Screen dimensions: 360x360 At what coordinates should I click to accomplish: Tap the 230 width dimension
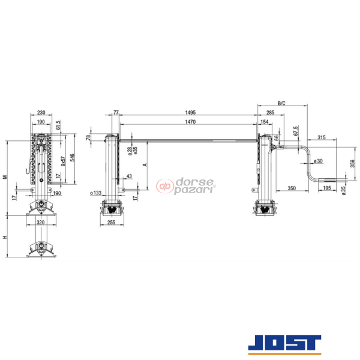point(41,112)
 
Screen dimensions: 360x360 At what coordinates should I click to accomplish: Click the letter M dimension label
point(5,177)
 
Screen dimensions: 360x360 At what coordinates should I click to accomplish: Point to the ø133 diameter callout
point(95,193)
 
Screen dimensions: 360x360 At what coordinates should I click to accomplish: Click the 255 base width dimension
point(111,221)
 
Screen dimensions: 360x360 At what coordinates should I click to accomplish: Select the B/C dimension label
point(281,103)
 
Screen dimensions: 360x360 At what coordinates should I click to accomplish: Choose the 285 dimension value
point(271,112)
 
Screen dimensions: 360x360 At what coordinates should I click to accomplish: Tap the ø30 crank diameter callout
point(318,161)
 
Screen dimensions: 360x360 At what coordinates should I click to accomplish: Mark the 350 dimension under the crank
point(292,188)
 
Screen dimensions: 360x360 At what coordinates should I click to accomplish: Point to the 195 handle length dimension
point(326,188)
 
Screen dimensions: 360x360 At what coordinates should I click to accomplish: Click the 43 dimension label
point(129,176)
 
